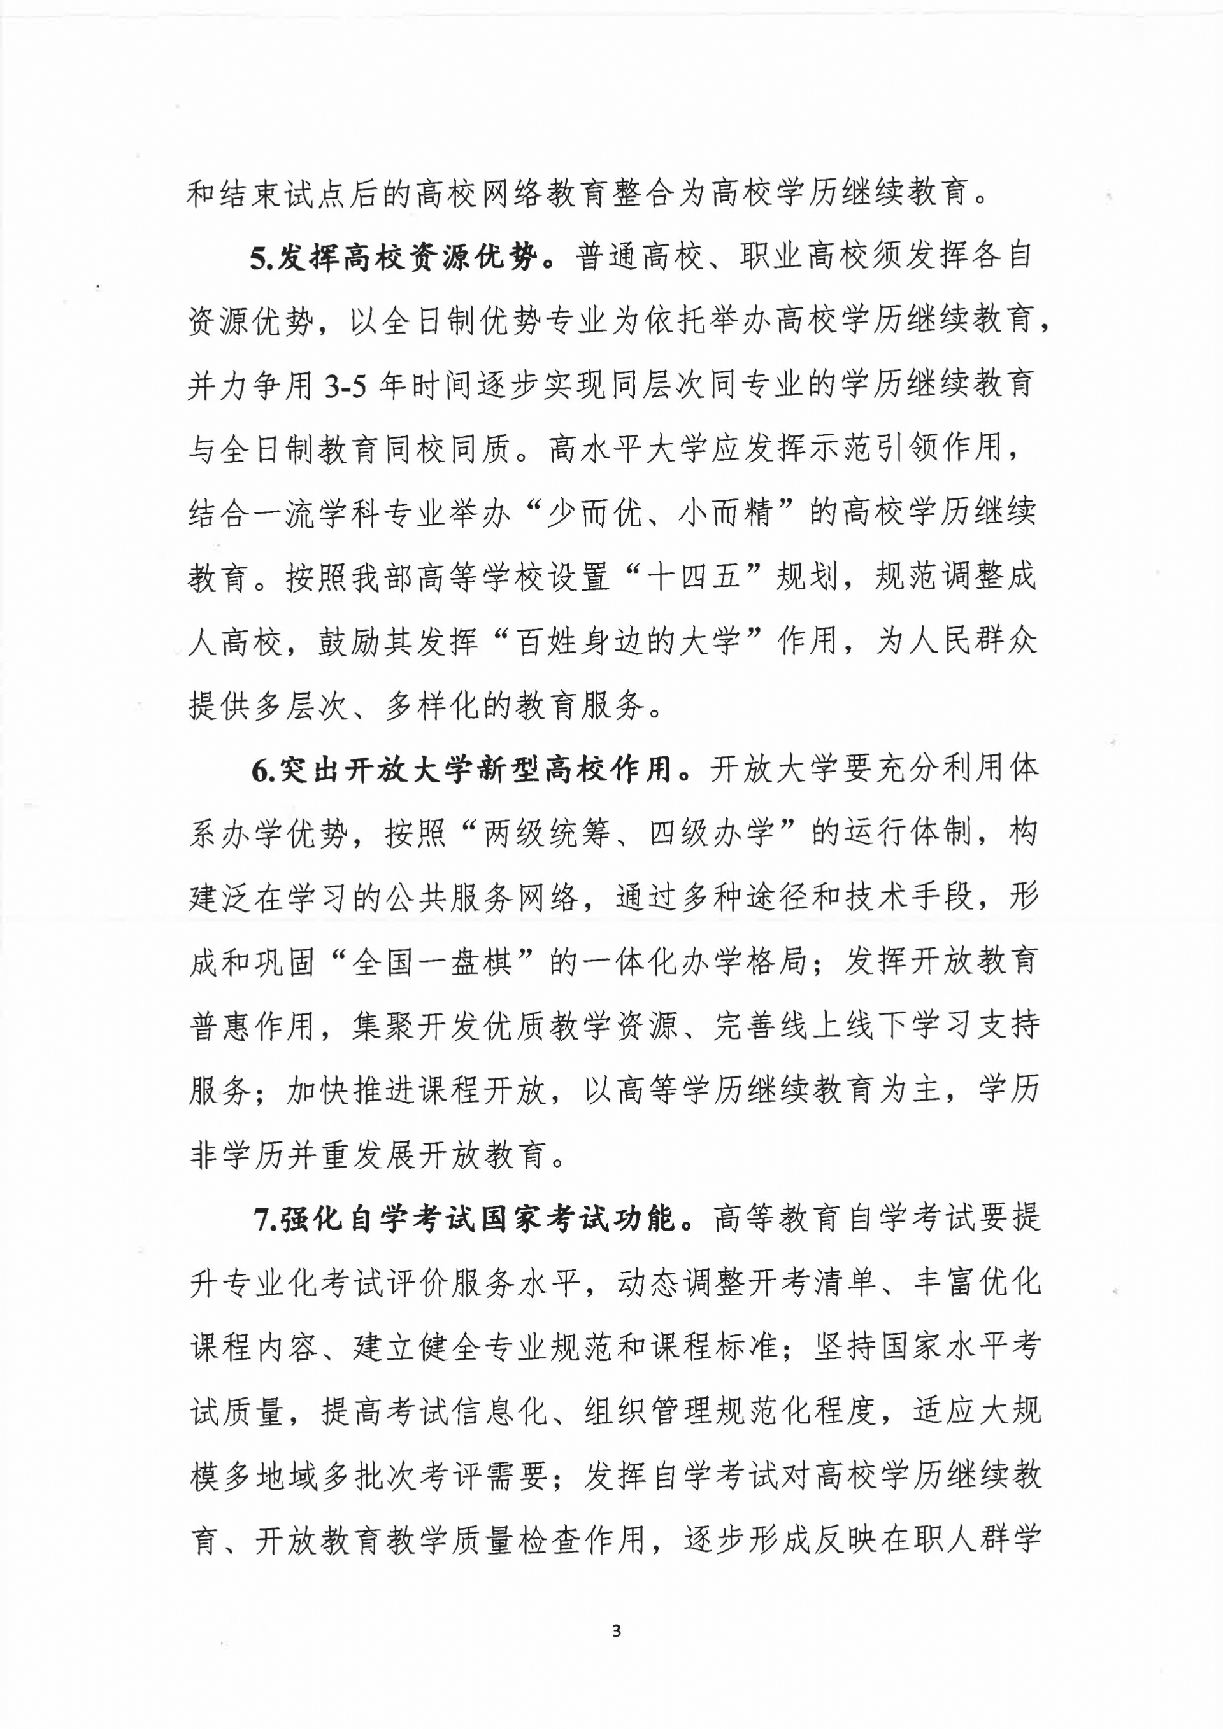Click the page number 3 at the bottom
(617, 1631)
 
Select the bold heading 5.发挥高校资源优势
(394, 258)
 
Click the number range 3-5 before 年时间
(345, 386)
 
